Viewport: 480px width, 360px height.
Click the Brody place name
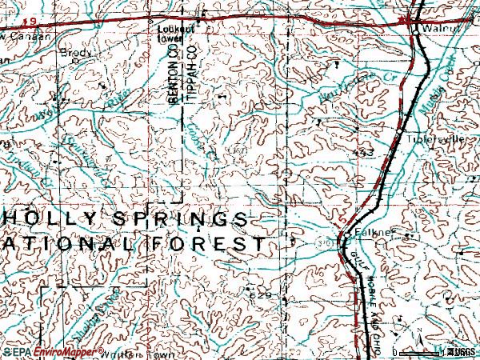pos(77,54)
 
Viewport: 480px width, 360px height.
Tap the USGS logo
pos(462,351)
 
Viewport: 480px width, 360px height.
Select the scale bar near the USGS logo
pos(424,351)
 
